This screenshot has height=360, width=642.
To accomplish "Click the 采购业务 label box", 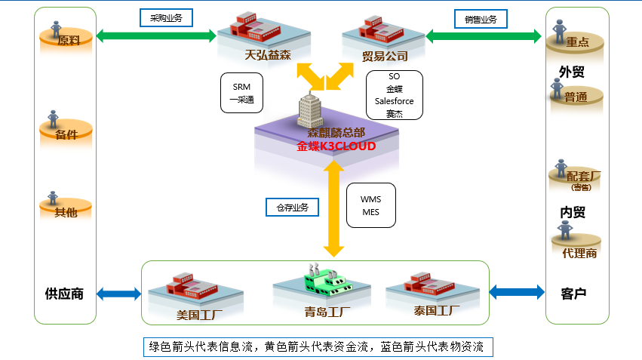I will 166,17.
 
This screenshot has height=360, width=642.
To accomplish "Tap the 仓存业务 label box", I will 292,206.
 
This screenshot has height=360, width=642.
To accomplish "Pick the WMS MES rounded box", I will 370,205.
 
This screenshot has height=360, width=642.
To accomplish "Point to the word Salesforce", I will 394,101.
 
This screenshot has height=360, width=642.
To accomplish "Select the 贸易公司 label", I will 385,57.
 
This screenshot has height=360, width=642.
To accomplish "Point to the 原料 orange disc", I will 67,41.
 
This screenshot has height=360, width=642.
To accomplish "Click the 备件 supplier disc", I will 66,134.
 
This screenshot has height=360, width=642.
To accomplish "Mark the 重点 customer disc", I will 576,43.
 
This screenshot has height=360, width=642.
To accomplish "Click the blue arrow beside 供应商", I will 119,293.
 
